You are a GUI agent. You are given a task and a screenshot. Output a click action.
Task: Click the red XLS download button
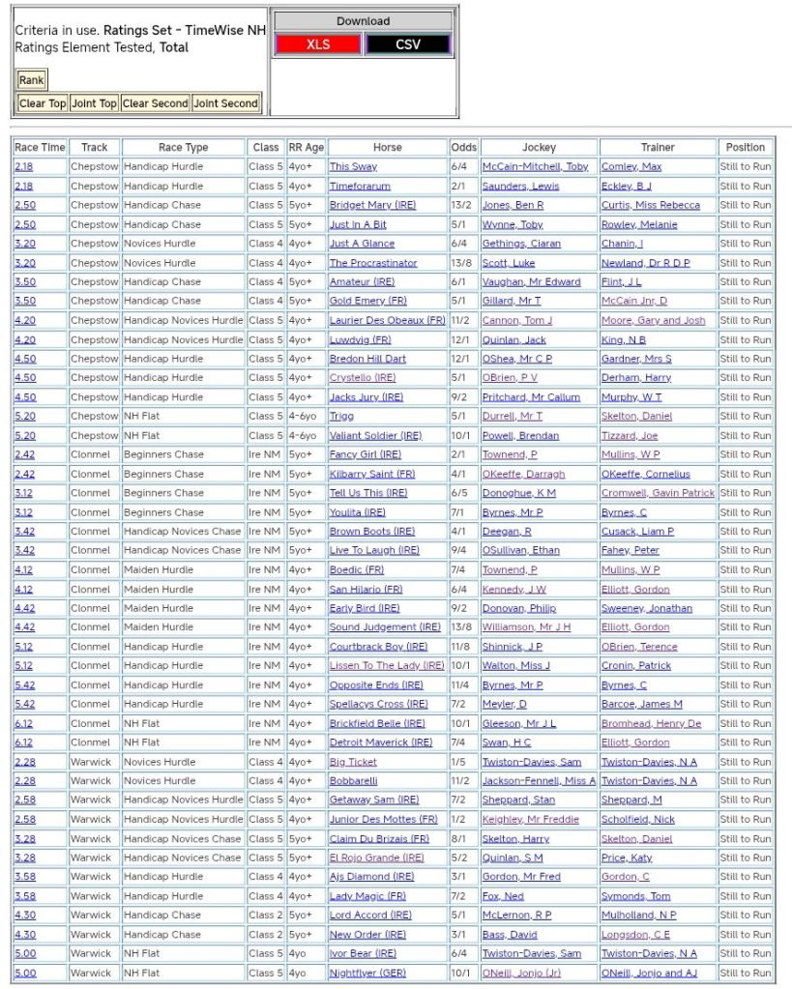[317, 44]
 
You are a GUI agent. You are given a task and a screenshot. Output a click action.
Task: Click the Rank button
[31, 80]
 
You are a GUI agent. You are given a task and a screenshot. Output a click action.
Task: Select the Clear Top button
[44, 103]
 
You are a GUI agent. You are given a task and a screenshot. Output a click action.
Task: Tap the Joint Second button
[225, 103]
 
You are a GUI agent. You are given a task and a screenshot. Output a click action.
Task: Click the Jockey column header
[539, 148]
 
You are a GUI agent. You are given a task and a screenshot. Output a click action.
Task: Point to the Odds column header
[464, 148]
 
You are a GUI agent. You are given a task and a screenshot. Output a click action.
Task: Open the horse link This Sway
[353, 167]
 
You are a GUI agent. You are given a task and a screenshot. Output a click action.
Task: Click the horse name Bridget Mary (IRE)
[367, 205]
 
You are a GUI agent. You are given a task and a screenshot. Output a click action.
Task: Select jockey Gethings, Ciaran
[521, 244]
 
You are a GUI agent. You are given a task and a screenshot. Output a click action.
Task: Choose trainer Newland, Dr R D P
[646, 263]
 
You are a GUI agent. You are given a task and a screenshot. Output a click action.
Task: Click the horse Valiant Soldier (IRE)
[375, 436]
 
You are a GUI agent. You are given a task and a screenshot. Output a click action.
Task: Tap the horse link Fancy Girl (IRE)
[365, 454]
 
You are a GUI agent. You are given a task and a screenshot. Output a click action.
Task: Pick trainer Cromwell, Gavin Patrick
[658, 493]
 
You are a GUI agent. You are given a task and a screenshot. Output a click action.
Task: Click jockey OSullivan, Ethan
[520, 550]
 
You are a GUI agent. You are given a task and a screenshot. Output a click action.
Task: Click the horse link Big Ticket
[353, 762]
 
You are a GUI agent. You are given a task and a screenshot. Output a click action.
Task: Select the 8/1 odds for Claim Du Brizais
[457, 838]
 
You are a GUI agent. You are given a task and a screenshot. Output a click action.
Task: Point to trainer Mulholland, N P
[638, 915]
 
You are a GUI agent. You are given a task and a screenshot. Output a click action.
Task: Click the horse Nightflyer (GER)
[367, 973]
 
